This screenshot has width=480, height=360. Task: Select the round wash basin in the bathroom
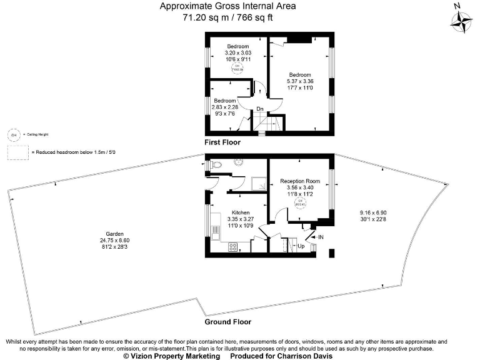[237, 161]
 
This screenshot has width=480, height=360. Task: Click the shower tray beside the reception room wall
[257, 182]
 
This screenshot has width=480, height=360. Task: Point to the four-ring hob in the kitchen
[232, 247]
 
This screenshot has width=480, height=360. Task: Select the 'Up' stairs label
[301, 246]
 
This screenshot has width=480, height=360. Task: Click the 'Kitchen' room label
[241, 212]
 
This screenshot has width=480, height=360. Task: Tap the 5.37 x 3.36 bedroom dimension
[300, 81]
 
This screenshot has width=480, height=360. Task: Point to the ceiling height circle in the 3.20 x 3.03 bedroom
[237, 69]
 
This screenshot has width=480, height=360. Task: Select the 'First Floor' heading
[222, 142]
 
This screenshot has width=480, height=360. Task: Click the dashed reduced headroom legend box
[14, 152]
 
